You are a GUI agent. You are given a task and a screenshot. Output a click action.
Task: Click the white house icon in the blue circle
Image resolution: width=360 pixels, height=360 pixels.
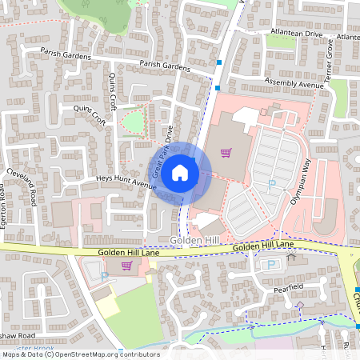180,172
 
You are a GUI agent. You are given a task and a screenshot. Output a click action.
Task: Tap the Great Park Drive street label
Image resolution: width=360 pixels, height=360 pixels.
161,152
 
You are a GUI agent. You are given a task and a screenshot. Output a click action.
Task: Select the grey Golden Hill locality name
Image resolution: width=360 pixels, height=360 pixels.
190,241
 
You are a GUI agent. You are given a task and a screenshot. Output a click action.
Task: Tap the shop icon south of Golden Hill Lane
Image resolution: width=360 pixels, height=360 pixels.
126,266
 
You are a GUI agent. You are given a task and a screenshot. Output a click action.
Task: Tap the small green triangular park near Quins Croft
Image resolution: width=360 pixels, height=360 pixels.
133,122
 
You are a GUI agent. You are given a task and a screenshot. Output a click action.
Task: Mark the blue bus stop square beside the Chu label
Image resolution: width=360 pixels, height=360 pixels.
357,290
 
